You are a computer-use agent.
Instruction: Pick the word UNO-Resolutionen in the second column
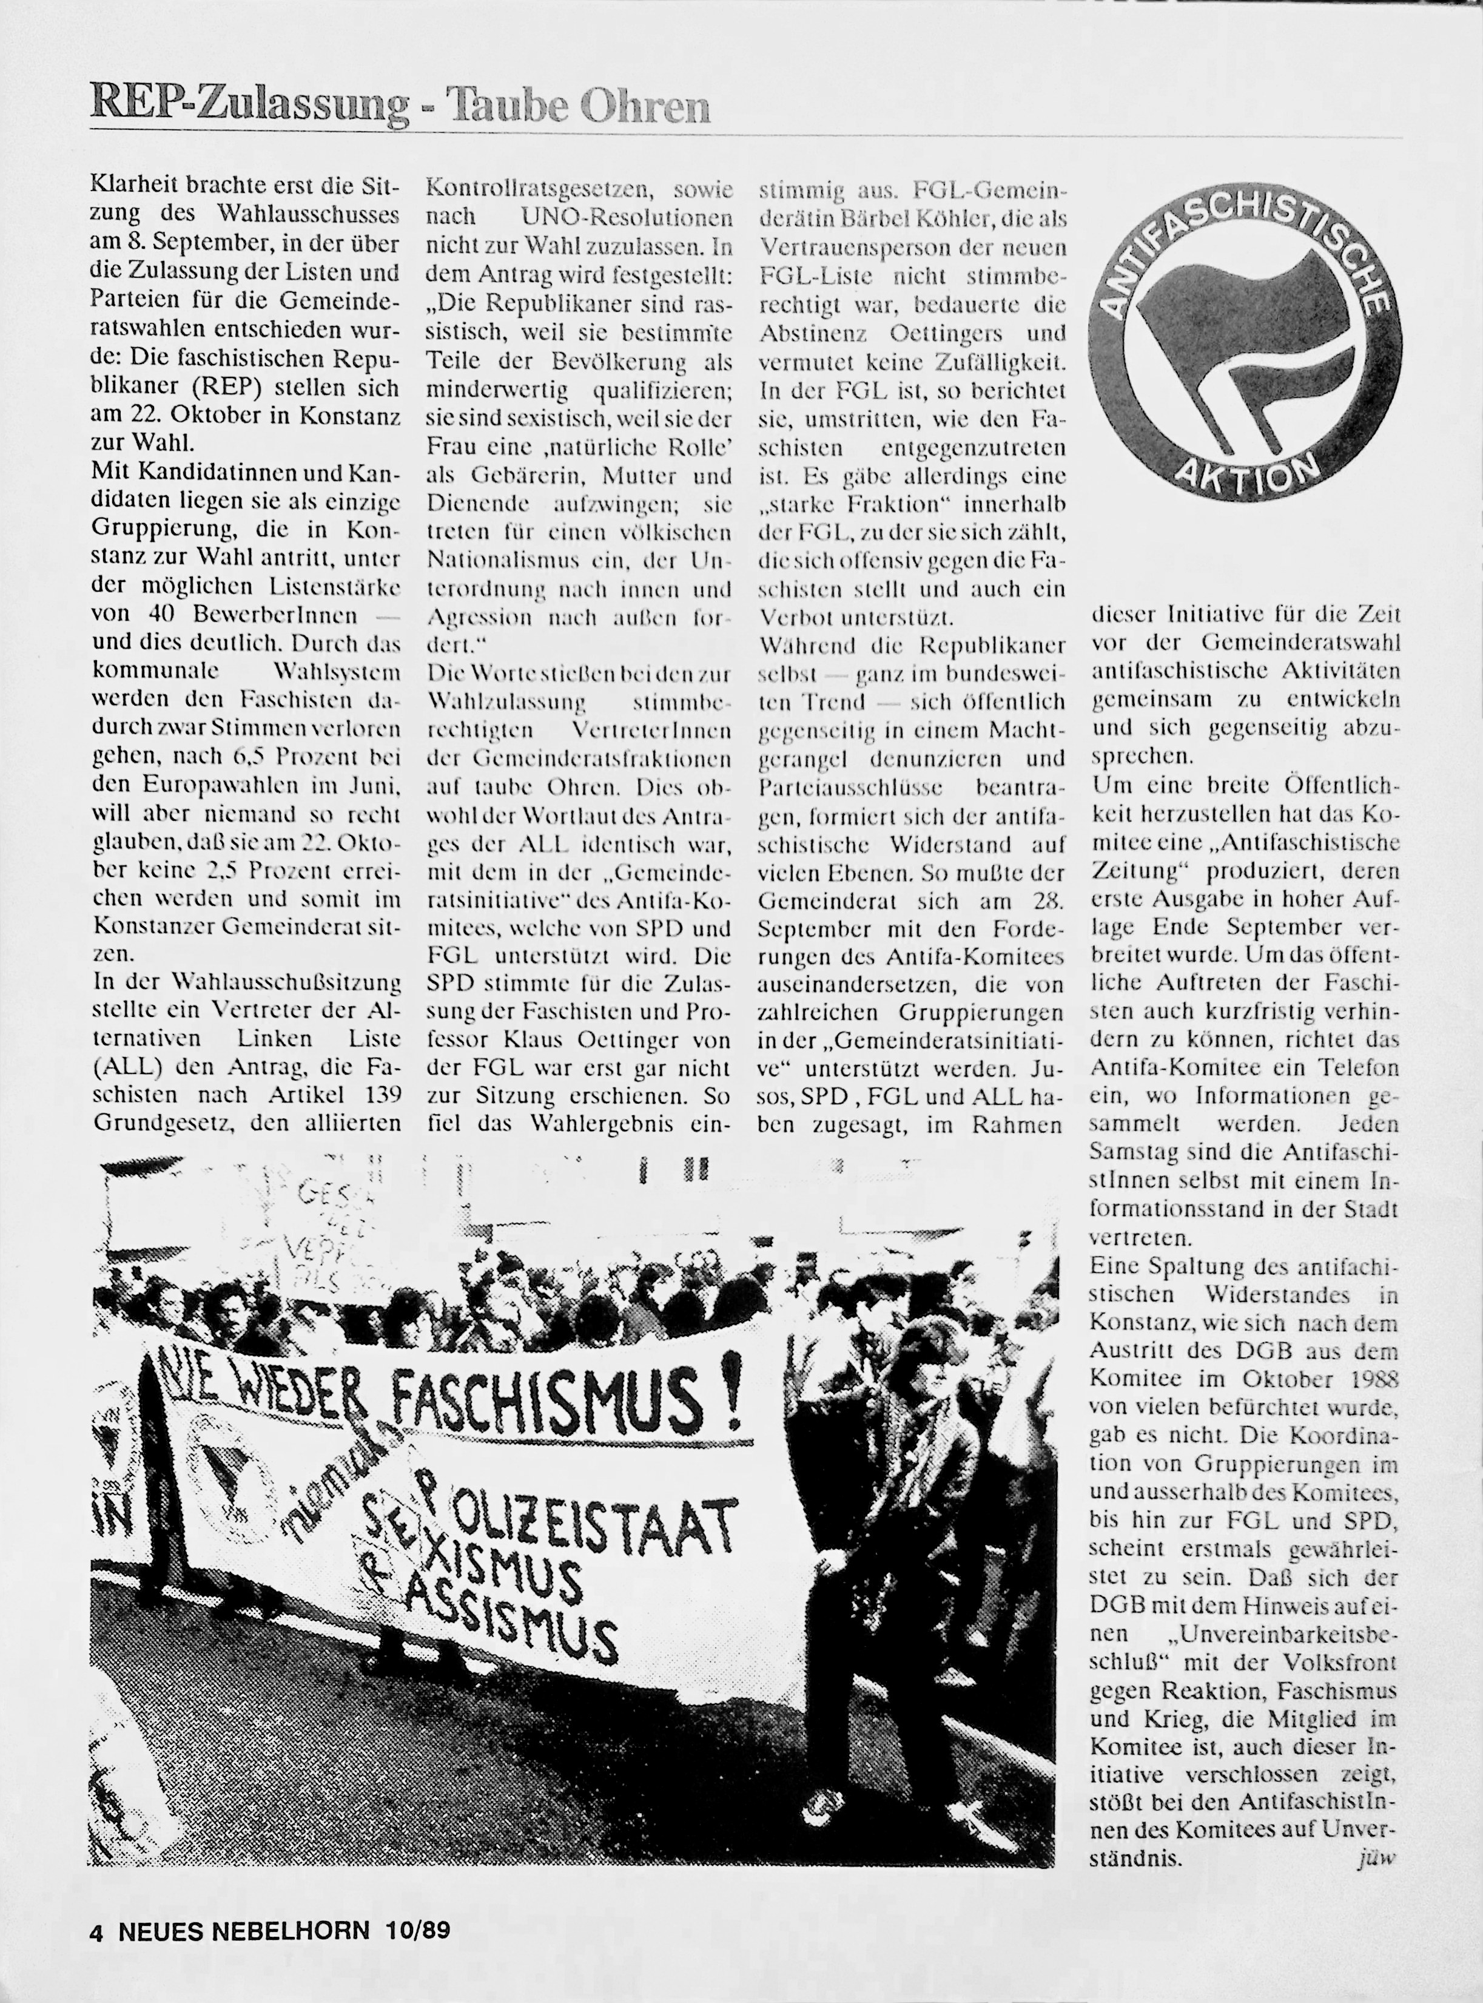click(x=626, y=217)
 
